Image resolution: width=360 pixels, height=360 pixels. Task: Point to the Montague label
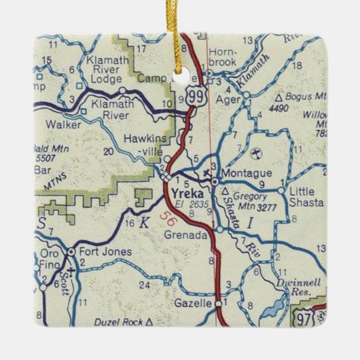(248, 173)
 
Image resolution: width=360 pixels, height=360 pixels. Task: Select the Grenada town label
(185, 235)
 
